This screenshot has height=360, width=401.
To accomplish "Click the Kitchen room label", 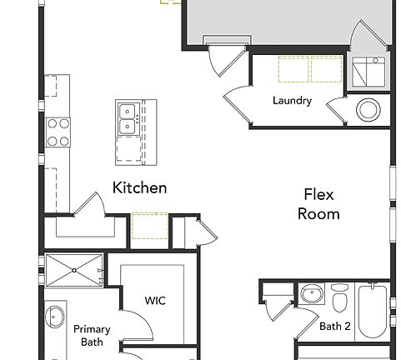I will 139,187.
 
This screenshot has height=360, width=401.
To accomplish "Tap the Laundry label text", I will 292,102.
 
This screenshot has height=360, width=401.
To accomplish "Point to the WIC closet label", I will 155,300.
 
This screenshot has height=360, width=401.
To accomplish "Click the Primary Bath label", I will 91,335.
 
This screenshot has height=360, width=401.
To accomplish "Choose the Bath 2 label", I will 335,326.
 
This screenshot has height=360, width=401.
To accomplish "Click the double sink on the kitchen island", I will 128,118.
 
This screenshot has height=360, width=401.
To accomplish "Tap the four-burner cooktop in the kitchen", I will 58,130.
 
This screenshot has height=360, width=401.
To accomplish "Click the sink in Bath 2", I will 310,296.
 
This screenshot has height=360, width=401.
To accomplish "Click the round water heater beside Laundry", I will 368,109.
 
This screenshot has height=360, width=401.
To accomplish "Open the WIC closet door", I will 133,325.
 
